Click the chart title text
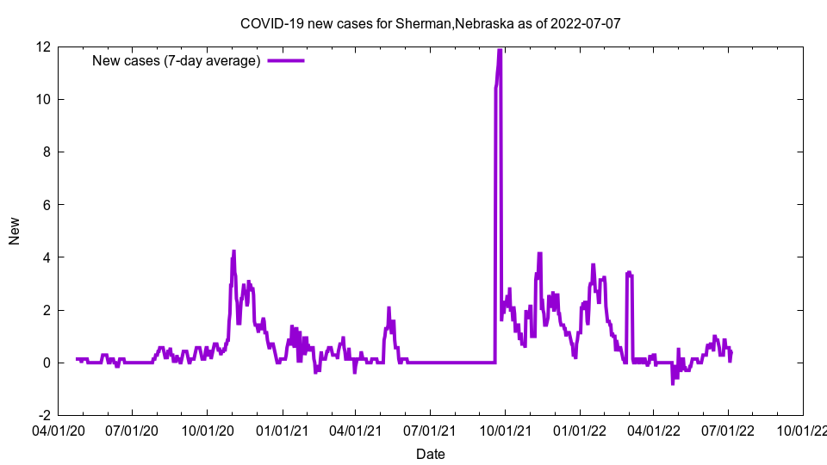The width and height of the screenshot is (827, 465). pos(430,23)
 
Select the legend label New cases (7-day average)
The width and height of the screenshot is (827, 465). pos(177,60)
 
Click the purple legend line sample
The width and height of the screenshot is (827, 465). pos(286,60)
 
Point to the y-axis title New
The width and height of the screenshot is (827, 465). pos(15,231)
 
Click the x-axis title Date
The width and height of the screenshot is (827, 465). pos(430,454)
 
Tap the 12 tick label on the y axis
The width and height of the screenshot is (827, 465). pos(42,46)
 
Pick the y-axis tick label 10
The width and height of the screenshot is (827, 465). pos(42,99)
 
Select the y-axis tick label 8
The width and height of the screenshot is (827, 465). pos(46,152)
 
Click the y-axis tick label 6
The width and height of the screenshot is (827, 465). pos(46,205)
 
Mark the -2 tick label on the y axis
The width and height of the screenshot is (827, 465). pos(43,416)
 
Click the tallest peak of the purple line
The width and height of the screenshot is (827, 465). pos(500,51)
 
